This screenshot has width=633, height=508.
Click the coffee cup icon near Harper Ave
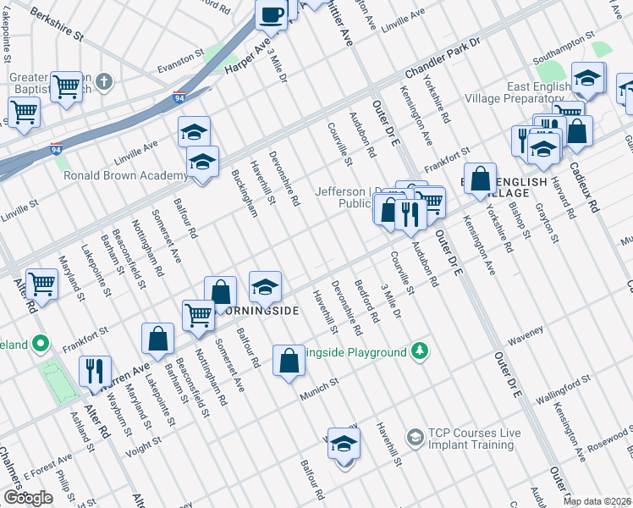pos(272,14)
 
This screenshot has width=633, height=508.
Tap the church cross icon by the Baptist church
pos(104,82)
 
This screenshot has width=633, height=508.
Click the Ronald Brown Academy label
pos(125,175)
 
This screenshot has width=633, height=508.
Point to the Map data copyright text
pos(597,501)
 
